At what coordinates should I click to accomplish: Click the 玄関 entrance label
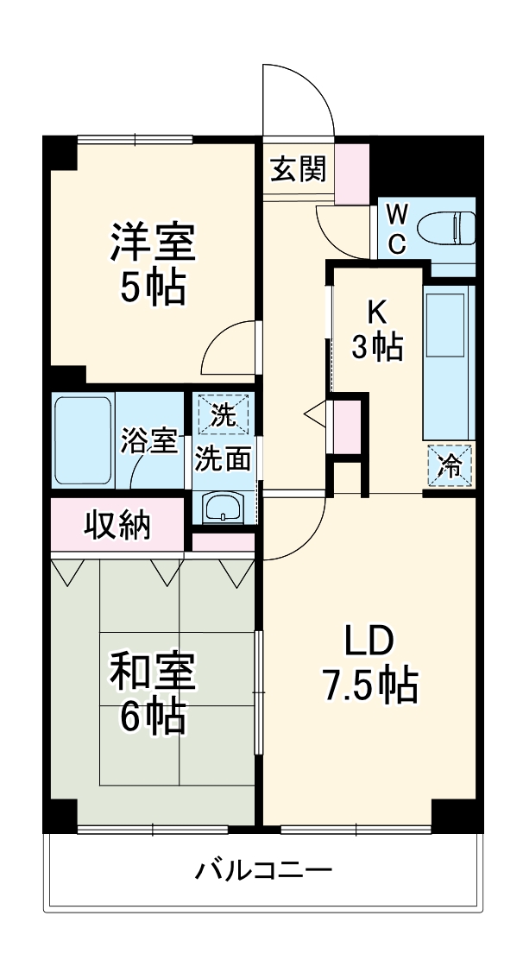pos(299,169)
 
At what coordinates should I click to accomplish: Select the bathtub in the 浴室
pos(83,440)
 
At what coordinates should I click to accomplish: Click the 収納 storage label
pos(117,524)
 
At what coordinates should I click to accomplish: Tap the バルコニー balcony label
pos(262,868)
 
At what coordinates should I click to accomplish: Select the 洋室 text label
pos(152,243)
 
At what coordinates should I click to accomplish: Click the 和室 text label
pos(152,672)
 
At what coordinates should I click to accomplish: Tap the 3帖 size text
pos(376,347)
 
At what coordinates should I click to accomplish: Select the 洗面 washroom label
pos(223,458)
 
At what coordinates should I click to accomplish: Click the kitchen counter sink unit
pos(448,363)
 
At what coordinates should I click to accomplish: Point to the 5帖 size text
pos(152,288)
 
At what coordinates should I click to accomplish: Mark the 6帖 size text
pos(152,717)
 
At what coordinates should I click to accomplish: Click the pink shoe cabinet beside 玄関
pos(351,173)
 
